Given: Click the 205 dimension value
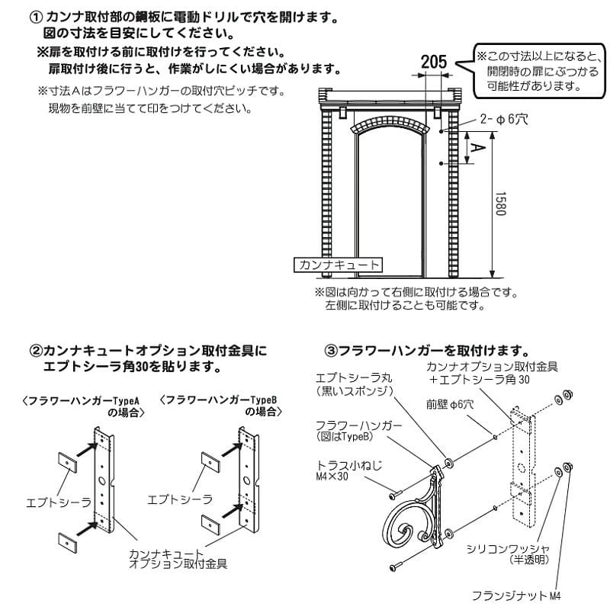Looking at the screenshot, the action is pos(434,62).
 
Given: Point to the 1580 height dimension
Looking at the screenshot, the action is pos(500,204).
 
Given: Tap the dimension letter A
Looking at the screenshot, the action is pos(478,148).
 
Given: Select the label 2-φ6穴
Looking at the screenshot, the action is pos(503,119).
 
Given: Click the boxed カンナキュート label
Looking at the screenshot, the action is pos(338,265).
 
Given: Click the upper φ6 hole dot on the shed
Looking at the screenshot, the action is pos(441,131).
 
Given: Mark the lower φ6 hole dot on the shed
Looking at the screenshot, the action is pos(441,163).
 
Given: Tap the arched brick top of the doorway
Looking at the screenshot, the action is pos(390,124).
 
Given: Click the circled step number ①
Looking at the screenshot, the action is pos(36,17).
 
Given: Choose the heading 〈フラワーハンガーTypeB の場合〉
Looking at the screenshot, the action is pos(220,406).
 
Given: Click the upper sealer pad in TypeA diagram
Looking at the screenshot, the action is pos(67,463).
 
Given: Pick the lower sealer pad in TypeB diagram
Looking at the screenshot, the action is pos(210,525).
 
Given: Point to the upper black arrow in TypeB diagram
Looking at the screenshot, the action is pos(232,449).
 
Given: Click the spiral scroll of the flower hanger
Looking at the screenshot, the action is pos(402,528).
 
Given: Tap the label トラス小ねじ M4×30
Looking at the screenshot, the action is pos(349,470).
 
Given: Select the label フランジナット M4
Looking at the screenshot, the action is pos(516,596).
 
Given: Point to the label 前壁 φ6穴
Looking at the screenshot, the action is pos(450,404).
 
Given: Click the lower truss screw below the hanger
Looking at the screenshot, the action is pos(396,567).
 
